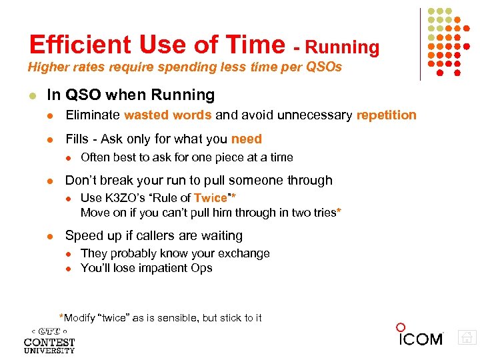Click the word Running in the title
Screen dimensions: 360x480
tap(344, 47)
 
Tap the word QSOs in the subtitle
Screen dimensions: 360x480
tap(323, 67)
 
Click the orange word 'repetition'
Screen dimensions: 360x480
tap(386, 115)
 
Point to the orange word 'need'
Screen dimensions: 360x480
tap(247, 139)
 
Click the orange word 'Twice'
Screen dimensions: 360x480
tap(211, 198)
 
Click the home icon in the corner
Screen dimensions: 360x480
tap(467, 337)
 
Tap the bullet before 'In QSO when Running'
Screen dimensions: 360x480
tap(31, 95)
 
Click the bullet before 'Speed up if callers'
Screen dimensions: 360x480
tap(51, 236)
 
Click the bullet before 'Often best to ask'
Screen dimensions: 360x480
tap(67, 157)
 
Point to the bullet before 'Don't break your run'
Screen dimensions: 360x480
tap(51, 181)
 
